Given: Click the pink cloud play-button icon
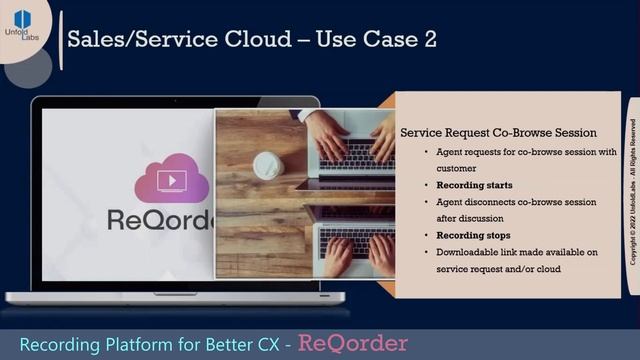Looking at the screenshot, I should click(171, 179).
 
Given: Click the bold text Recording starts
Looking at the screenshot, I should click(474, 185).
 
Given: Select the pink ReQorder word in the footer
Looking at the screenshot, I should click(353, 342).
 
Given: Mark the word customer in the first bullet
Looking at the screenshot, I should click(456, 169).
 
